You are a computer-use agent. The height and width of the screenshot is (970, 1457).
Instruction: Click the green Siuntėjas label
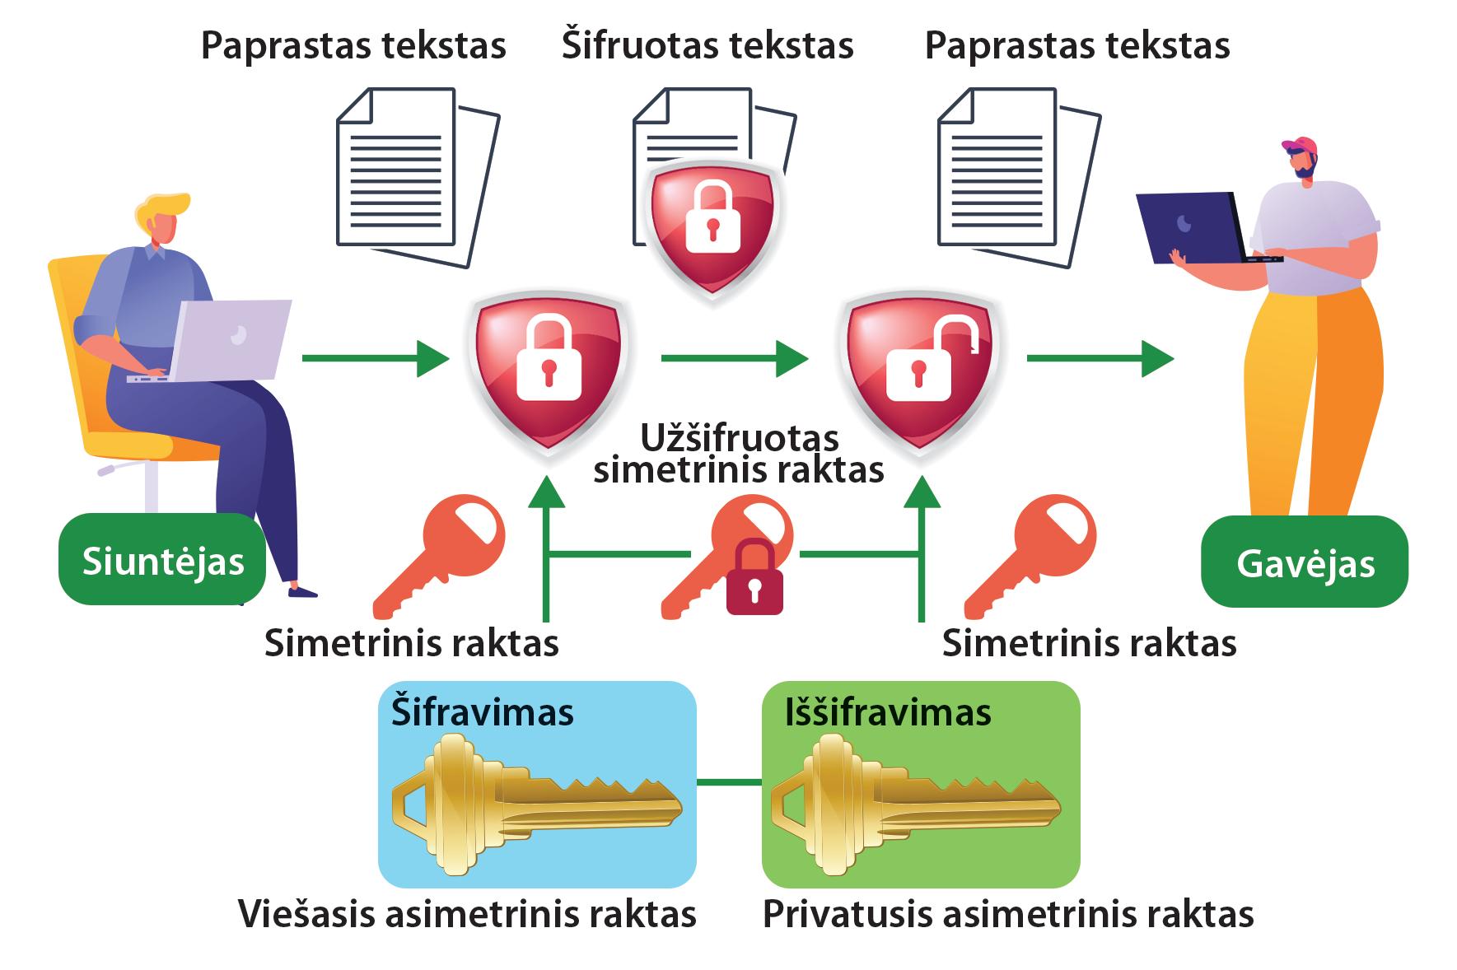(x=162, y=561)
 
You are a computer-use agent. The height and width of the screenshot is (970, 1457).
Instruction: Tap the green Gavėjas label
(x=1305, y=563)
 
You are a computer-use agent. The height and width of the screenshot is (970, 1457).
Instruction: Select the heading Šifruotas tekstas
(x=707, y=45)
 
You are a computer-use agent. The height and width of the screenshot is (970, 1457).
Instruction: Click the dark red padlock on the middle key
(x=754, y=580)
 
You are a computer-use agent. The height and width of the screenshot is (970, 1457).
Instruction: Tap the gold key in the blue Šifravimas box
(x=535, y=803)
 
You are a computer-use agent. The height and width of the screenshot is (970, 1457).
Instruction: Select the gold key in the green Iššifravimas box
(x=914, y=803)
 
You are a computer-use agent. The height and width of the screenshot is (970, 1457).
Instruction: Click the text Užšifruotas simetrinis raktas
(x=739, y=454)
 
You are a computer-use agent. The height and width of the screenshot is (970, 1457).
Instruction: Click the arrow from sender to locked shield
(x=375, y=358)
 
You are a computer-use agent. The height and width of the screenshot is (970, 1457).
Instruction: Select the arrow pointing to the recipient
(x=1100, y=358)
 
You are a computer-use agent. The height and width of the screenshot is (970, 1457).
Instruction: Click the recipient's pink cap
(x=1300, y=147)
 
